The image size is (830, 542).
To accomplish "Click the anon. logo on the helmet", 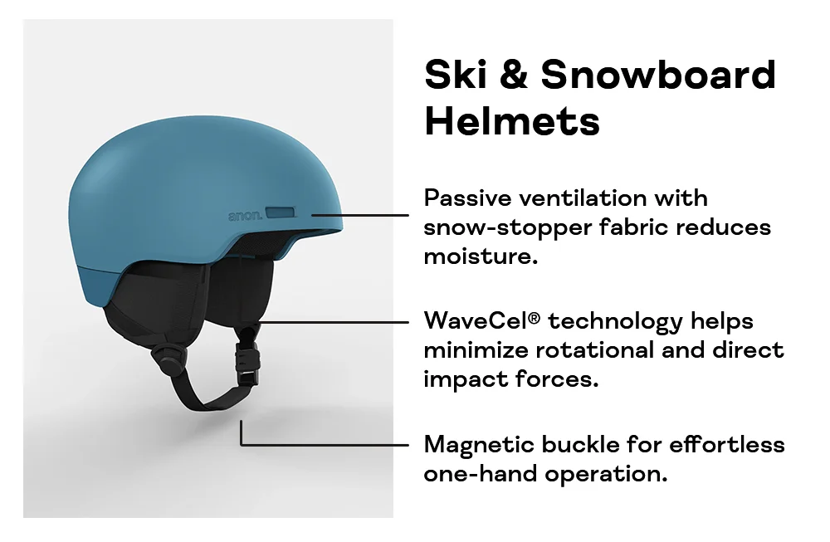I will click(x=245, y=216).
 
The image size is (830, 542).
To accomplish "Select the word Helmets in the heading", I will click(x=511, y=121).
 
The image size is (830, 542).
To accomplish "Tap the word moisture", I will click(x=480, y=256).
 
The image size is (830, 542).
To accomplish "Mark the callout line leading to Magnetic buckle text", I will click(x=332, y=444).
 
